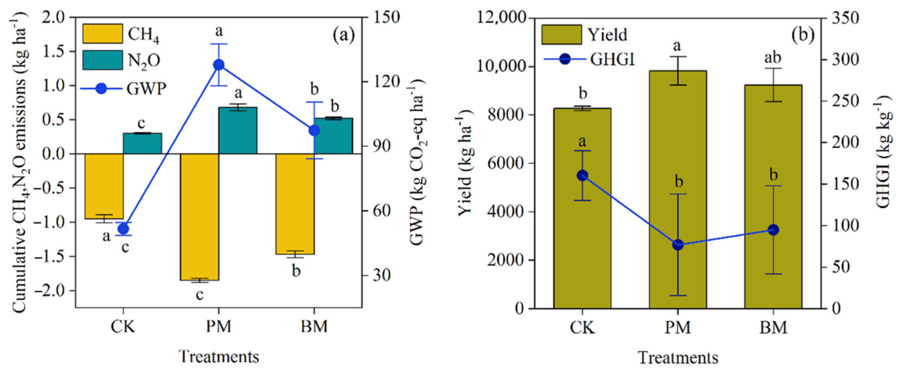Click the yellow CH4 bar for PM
(199, 217)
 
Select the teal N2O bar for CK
(142, 143)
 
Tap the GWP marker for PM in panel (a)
(219, 65)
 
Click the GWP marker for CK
(123, 229)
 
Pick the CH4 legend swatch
(102, 34)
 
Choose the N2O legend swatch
(102, 60)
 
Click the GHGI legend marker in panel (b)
(565, 59)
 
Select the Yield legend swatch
(561, 35)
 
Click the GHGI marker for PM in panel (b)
(678, 245)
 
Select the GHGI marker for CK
(582, 176)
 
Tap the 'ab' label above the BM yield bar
(773, 58)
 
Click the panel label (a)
(343, 35)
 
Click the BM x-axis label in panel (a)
(314, 326)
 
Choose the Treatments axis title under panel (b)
(678, 357)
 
